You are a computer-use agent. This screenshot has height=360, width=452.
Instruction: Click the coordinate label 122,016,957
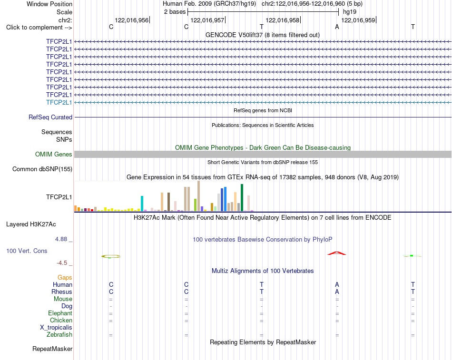click(x=207, y=20)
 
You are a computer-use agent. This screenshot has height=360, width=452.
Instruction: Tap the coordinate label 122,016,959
click(x=358, y=20)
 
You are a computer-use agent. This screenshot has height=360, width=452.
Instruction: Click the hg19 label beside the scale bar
click(x=350, y=12)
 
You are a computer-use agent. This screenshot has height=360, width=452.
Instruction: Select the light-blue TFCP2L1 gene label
click(x=59, y=102)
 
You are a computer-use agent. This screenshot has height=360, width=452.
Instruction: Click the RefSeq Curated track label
click(x=50, y=117)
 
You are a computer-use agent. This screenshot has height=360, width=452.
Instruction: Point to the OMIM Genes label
click(x=54, y=154)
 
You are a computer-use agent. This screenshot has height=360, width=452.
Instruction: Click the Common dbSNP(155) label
click(x=42, y=169)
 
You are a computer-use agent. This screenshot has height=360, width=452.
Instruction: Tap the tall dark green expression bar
click(x=242, y=198)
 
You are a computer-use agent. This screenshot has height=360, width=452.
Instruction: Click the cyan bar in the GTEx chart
click(x=142, y=204)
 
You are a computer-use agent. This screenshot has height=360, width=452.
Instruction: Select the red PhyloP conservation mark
click(x=337, y=253)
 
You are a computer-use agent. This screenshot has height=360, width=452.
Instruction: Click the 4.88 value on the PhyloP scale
click(x=61, y=239)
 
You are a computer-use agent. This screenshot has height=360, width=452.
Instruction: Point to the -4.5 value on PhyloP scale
click(x=62, y=263)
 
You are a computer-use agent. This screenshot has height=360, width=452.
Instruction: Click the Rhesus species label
click(x=62, y=292)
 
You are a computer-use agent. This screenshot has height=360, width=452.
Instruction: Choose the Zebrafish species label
click(x=59, y=335)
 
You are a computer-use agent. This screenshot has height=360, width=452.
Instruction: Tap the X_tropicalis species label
click(x=56, y=328)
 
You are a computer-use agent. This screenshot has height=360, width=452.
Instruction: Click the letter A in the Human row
click(x=337, y=284)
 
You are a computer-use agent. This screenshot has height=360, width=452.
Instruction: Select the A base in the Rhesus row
click(x=337, y=292)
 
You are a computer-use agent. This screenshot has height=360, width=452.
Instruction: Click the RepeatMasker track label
click(x=52, y=349)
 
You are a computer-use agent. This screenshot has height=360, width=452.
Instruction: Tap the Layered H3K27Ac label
click(x=31, y=224)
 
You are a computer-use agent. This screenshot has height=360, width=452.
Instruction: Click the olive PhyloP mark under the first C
click(x=111, y=256)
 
